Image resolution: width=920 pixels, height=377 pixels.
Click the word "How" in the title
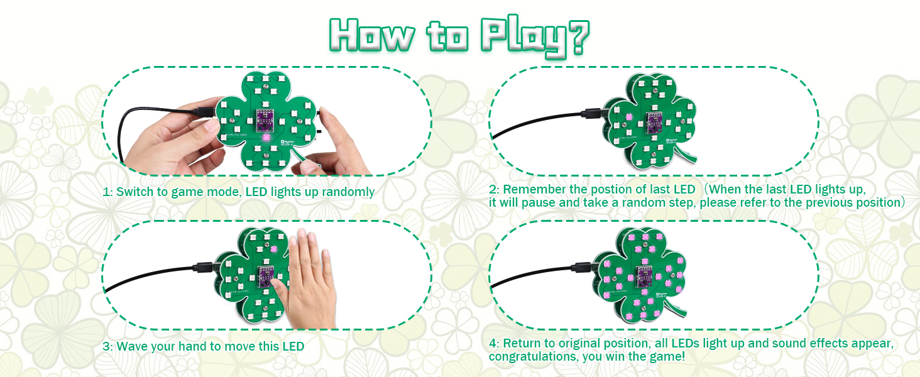[x=371, y=35]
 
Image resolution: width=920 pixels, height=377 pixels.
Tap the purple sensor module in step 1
[x=266, y=120]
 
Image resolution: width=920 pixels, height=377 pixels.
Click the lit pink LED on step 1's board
[x=266, y=138]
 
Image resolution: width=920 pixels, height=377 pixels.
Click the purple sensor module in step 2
[x=654, y=123]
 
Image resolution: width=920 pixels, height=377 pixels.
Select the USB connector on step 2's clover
[x=593, y=113]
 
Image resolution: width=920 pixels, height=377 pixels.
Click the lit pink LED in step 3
[x=274, y=249]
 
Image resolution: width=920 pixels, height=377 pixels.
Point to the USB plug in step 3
[x=204, y=267]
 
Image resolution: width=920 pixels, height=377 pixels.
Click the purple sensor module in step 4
[x=643, y=276]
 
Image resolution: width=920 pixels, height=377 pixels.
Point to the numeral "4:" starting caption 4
[x=494, y=343]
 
